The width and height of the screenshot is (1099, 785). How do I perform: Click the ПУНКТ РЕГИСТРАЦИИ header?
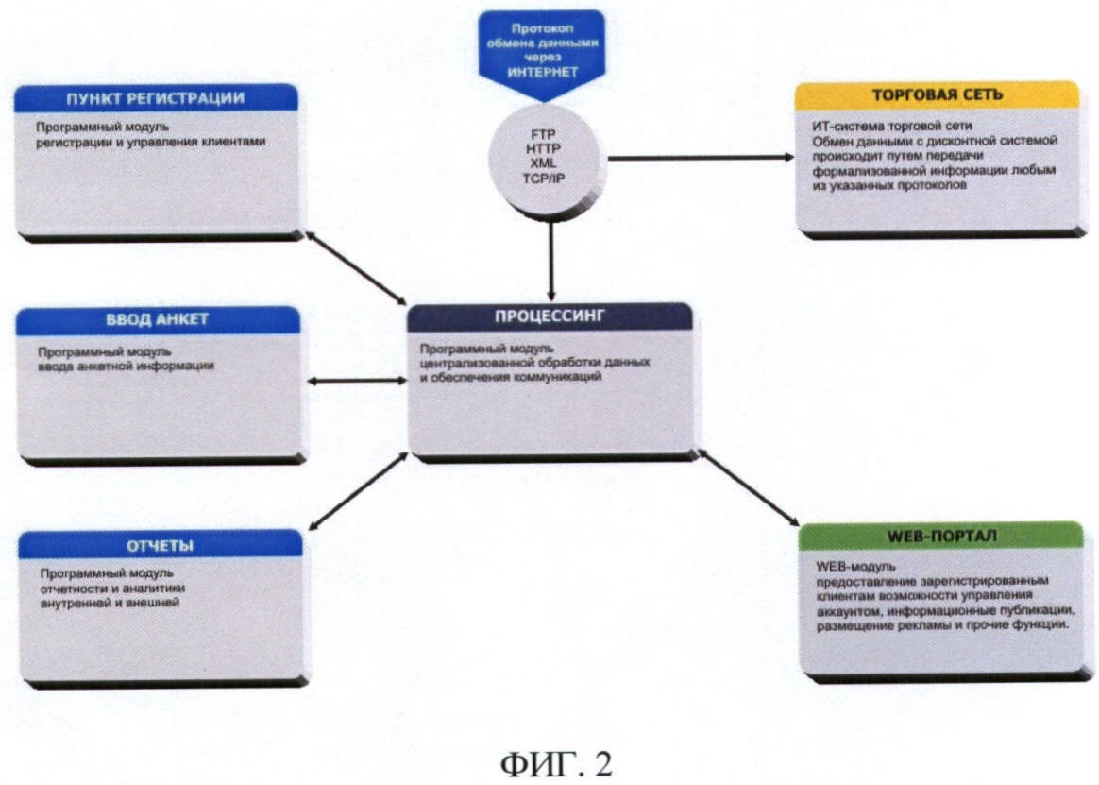pos(156,98)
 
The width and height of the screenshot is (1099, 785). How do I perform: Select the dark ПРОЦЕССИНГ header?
pos(549,316)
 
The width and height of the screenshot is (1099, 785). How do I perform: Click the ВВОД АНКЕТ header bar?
pos(159,319)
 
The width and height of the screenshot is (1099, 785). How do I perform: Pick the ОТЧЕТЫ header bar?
pos(160,545)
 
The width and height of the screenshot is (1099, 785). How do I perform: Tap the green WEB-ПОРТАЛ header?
pos(940,536)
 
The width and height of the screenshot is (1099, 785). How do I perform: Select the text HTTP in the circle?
pos(544,149)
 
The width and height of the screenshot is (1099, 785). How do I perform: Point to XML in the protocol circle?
pos(544,163)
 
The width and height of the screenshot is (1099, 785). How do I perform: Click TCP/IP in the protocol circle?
pos(544,178)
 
